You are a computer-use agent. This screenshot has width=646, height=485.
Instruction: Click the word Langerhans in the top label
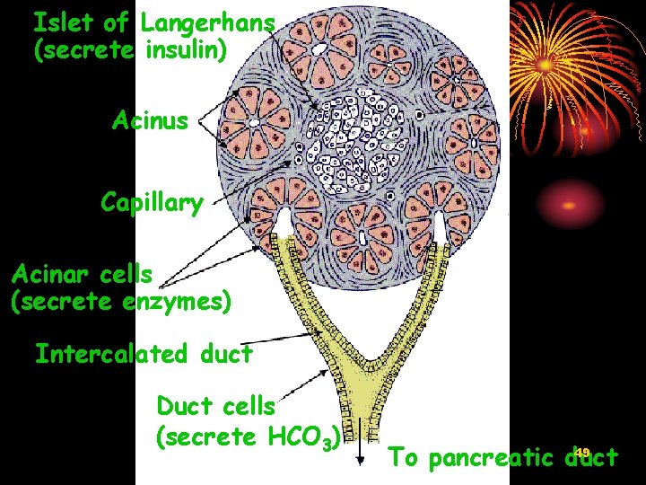tap(208, 22)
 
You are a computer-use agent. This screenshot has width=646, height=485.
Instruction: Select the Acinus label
tap(150, 120)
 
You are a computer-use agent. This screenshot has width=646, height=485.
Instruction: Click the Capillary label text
tap(152, 202)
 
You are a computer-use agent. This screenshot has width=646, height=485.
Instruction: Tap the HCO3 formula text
tap(302, 438)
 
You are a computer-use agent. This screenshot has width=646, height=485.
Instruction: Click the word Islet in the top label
tap(61, 22)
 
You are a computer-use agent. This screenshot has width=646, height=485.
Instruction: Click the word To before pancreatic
tap(405, 458)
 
